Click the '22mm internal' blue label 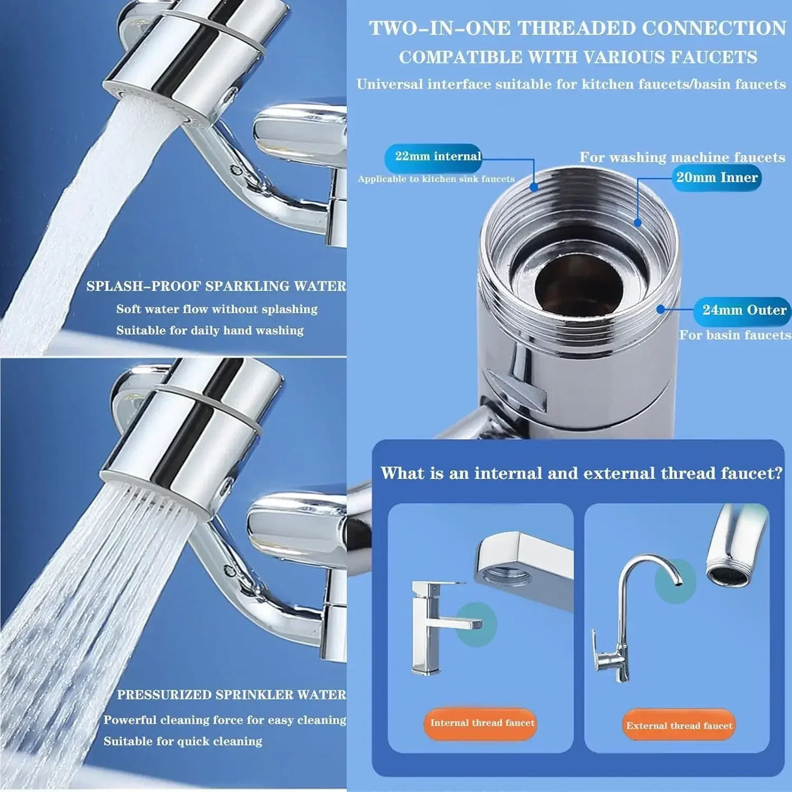coord(433,157)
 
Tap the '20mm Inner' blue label coord(716,177)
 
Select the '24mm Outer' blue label coord(742,311)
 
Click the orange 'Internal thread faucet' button coord(481,723)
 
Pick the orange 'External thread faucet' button coord(678,725)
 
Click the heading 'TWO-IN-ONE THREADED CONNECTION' coord(577,29)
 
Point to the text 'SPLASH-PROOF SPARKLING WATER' coord(216,286)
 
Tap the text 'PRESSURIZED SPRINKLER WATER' coord(232,695)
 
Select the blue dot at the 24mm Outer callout coord(661,309)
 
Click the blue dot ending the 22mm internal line coord(534,187)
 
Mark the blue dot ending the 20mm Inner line coord(637,222)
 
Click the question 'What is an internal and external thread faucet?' coord(581,473)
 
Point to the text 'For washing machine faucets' coord(682,157)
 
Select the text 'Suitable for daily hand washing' coord(209,331)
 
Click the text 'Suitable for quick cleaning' coord(183,742)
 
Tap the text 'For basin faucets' coord(734,335)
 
